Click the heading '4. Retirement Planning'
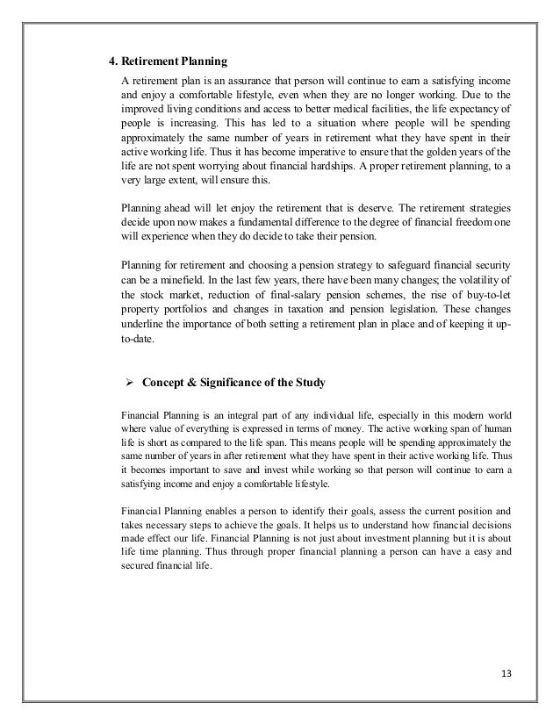(x=167, y=61)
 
